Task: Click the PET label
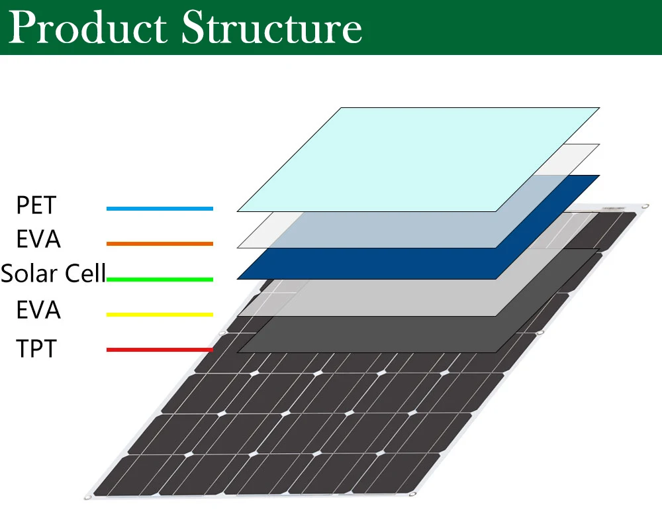pyautogui.click(x=36, y=205)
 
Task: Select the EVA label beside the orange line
pyautogui.click(x=38, y=239)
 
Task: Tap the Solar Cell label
pyautogui.click(x=53, y=274)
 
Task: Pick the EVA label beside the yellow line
pyautogui.click(x=38, y=309)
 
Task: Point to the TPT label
pyautogui.click(x=36, y=348)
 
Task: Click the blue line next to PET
pyautogui.click(x=160, y=209)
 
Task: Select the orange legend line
pyautogui.click(x=160, y=244)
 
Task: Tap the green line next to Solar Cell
pyautogui.click(x=160, y=280)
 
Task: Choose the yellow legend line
pyautogui.click(x=160, y=315)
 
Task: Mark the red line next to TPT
pyautogui.click(x=160, y=350)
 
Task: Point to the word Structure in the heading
pyautogui.click(x=271, y=28)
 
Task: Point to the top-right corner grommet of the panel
pyautogui.click(x=645, y=207)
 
